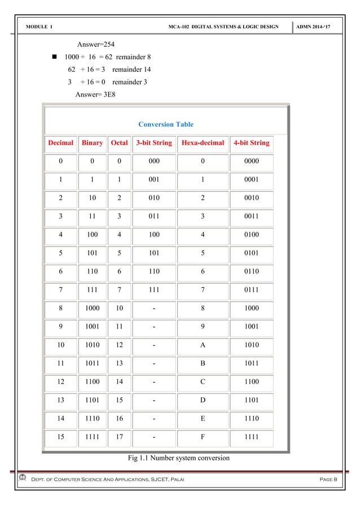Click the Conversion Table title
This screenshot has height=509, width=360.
tap(166, 124)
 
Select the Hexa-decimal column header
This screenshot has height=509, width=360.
tap(203, 143)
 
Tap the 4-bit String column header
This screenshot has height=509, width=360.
tap(251, 143)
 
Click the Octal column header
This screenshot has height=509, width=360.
tap(119, 143)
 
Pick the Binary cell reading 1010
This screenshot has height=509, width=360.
tap(92, 345)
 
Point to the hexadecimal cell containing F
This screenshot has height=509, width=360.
tap(203, 436)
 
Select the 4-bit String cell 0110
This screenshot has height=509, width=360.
tap(251, 271)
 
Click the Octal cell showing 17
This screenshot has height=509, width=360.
tap(119, 436)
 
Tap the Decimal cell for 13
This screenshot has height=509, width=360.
tap(60, 400)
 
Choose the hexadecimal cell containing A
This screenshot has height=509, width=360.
tap(203, 345)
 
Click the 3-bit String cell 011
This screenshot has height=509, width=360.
tap(154, 216)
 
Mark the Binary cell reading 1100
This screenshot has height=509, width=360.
tap(92, 381)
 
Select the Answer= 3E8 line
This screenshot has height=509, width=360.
tap(95, 94)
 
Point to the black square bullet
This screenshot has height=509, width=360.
tap(55, 57)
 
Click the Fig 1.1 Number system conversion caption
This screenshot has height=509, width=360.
tap(179, 458)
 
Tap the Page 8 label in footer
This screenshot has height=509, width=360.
tap(328, 479)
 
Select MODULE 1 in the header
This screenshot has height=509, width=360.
tap(39, 27)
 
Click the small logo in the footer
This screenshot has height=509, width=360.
tap(22, 479)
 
